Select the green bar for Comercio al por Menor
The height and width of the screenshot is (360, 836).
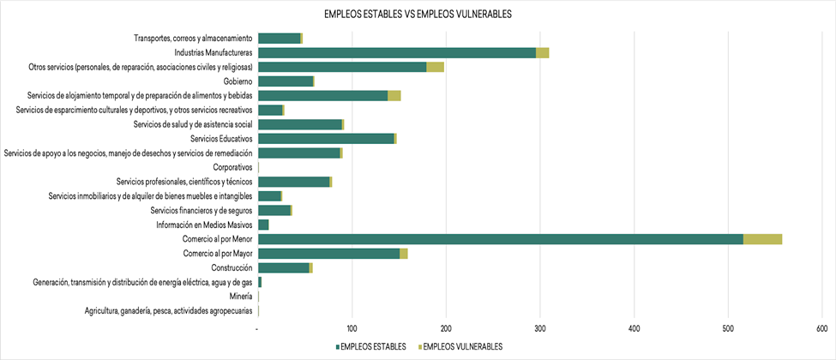pyautogui.click(x=500, y=239)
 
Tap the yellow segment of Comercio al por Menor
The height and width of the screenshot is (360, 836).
pyautogui.click(x=762, y=239)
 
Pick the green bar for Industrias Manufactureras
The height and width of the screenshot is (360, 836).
pyautogui.click(x=396, y=52)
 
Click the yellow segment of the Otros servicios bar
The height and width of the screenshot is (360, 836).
pyautogui.click(x=435, y=67)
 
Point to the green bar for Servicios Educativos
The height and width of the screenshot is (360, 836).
pyautogui.click(x=326, y=138)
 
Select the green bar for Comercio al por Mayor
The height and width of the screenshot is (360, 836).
pyautogui.click(x=328, y=253)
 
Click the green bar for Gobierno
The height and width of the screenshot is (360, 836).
pyautogui.click(x=285, y=81)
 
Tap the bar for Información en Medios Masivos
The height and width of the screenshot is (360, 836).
pyautogui.click(x=263, y=225)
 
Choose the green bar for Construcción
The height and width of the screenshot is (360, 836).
pyautogui.click(x=283, y=267)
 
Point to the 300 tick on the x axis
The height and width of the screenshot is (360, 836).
pyautogui.click(x=539, y=328)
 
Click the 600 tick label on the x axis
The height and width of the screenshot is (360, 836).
pyautogui.click(x=821, y=328)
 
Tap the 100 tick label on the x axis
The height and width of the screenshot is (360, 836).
pyautogui.click(x=352, y=328)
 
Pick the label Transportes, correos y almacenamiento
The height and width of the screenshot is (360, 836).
pyautogui.click(x=193, y=38)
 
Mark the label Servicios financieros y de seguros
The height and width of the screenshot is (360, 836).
pyautogui.click(x=201, y=210)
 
